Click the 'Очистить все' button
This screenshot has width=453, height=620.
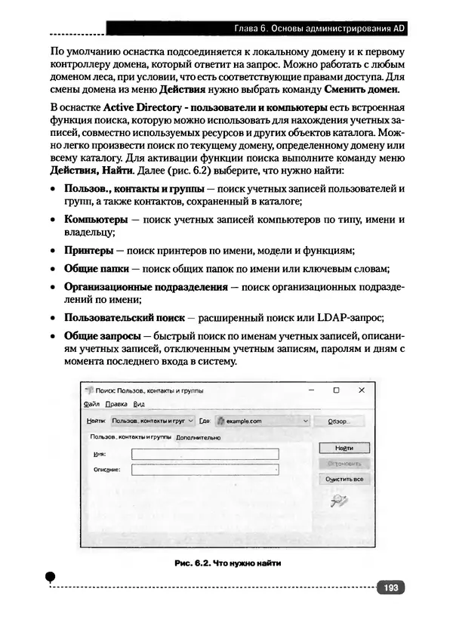point(344,479)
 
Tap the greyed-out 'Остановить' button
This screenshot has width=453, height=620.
point(344,463)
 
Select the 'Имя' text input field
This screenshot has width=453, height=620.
point(205,454)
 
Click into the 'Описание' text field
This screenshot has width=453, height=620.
point(205,470)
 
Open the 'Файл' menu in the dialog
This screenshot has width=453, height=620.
point(91,404)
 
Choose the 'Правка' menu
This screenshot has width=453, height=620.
point(116,404)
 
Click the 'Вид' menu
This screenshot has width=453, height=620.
point(138,404)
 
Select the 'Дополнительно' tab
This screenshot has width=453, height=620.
point(198,437)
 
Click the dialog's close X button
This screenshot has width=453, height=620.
point(361,390)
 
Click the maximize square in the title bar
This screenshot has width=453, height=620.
point(336,390)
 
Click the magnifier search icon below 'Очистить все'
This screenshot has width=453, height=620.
point(339,499)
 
